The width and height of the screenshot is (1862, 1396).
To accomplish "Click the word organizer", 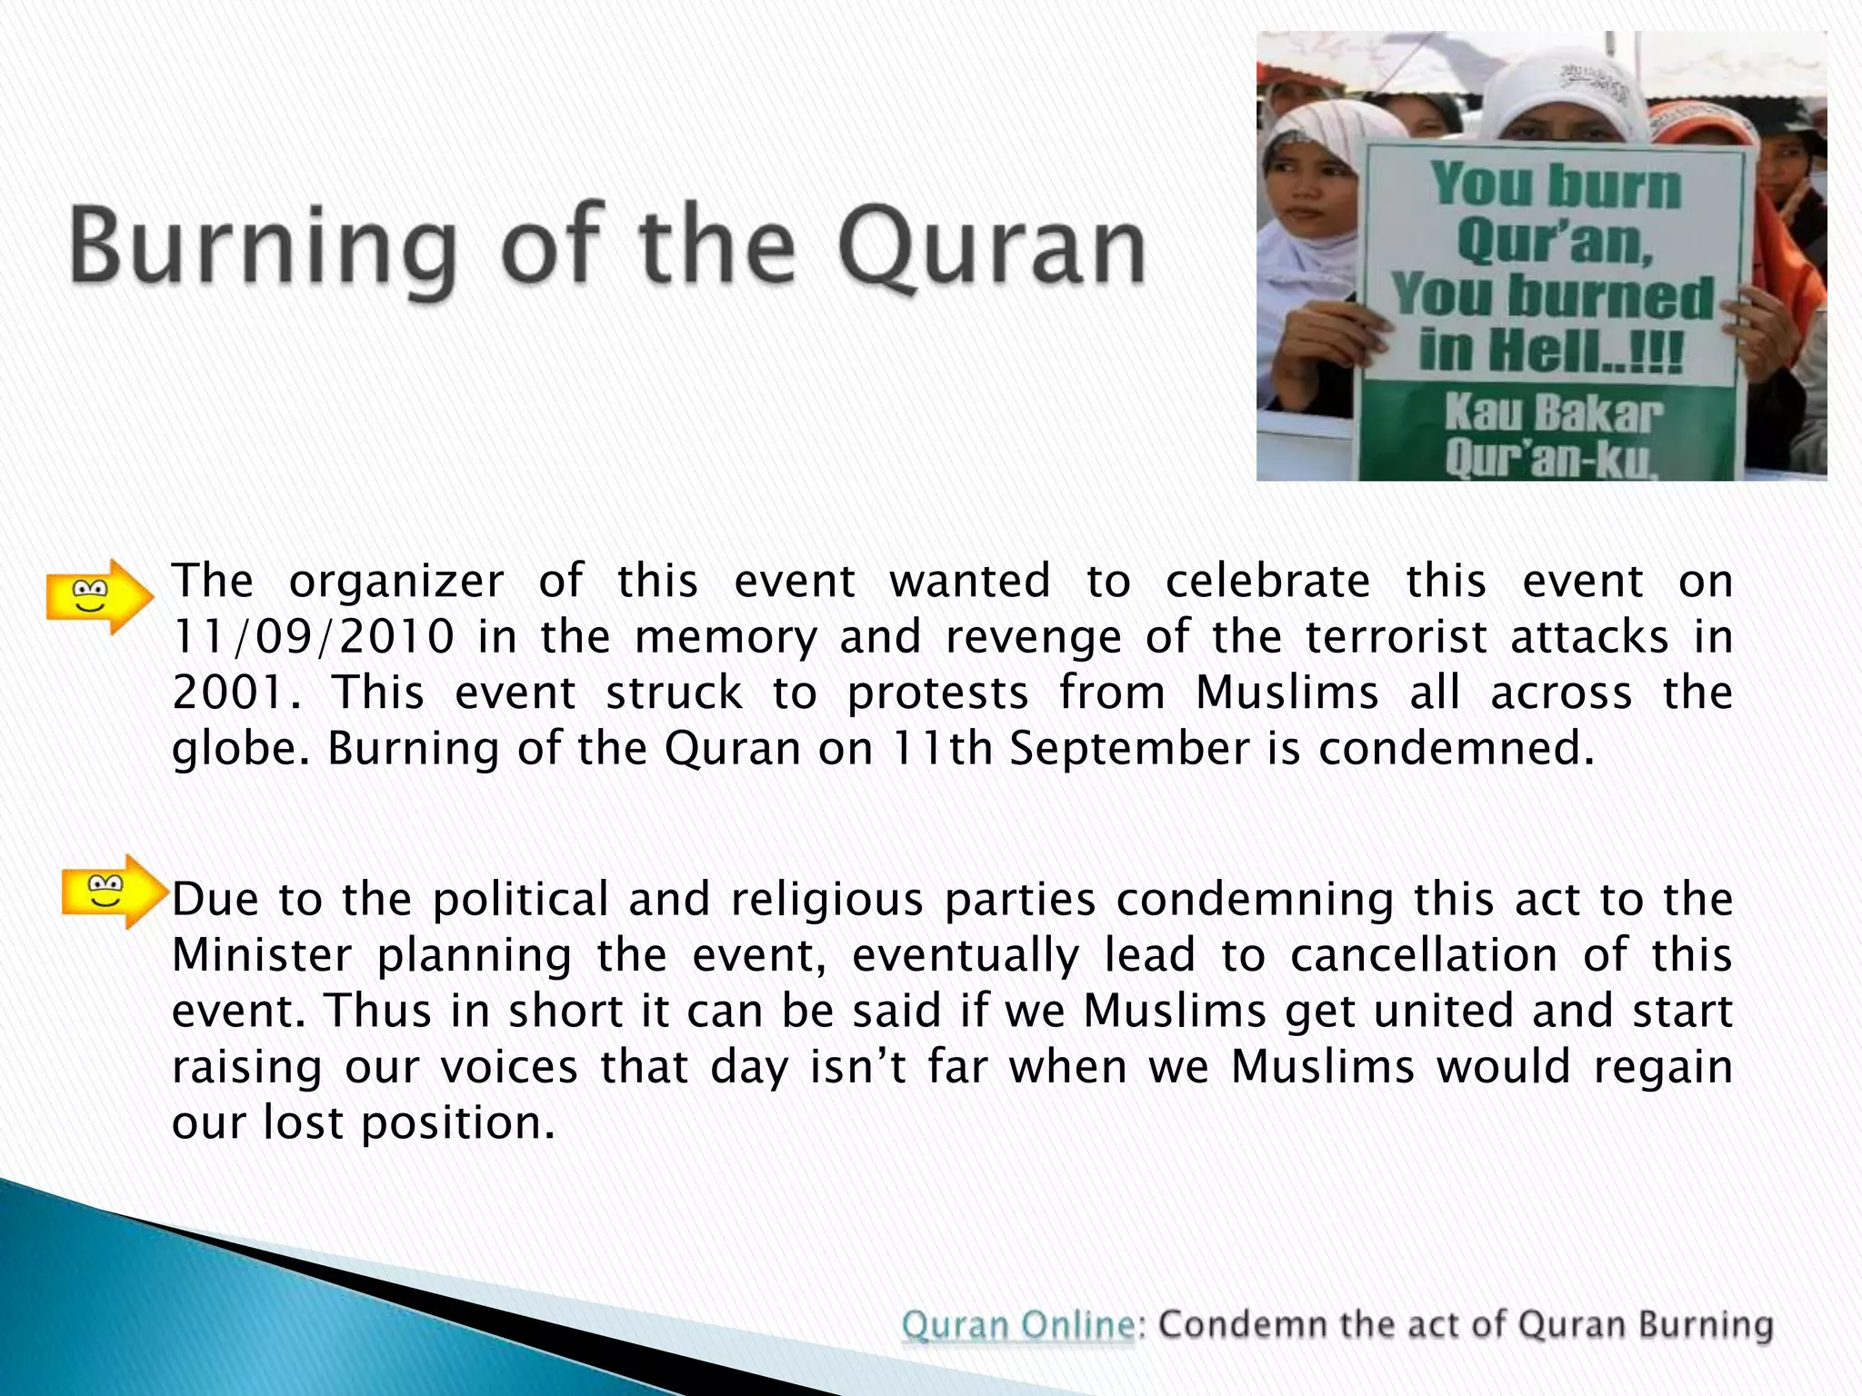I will point(396,582).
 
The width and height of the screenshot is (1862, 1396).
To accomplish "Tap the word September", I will point(1129,750).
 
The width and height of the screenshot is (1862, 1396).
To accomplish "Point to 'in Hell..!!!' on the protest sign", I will point(1551,351).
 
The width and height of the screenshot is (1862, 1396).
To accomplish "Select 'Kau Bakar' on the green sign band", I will point(1553,414).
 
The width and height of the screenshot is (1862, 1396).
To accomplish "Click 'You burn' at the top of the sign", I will point(1557,184).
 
